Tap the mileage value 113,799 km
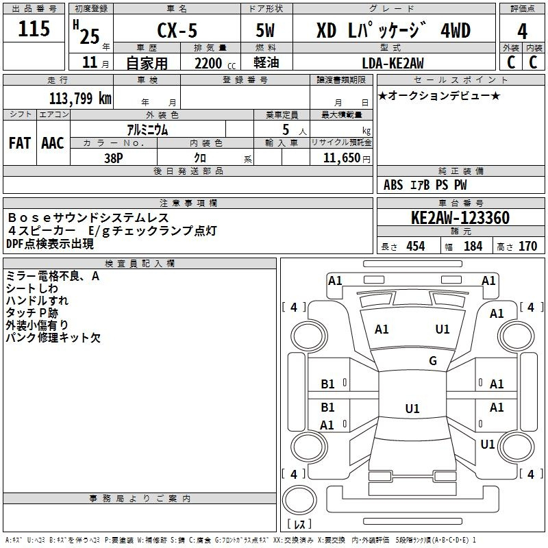point(80,99)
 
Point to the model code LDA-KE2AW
point(393,62)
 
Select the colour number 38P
point(114,157)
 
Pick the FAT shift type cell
point(19,143)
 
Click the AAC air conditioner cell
point(52,143)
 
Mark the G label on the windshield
point(433,361)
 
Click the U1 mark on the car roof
point(412,409)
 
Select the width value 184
point(473,246)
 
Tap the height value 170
point(527,246)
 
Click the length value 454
point(415,246)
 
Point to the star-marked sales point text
point(438,95)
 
